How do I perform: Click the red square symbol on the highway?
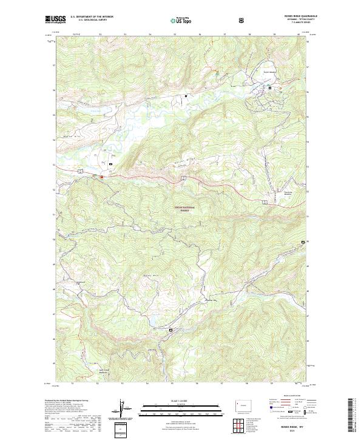tap(102, 177)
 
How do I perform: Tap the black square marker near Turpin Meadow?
tap(271, 89)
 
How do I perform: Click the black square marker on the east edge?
tap(303, 243)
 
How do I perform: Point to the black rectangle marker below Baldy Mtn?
tap(170, 330)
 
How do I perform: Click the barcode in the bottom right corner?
tap(351, 416)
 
